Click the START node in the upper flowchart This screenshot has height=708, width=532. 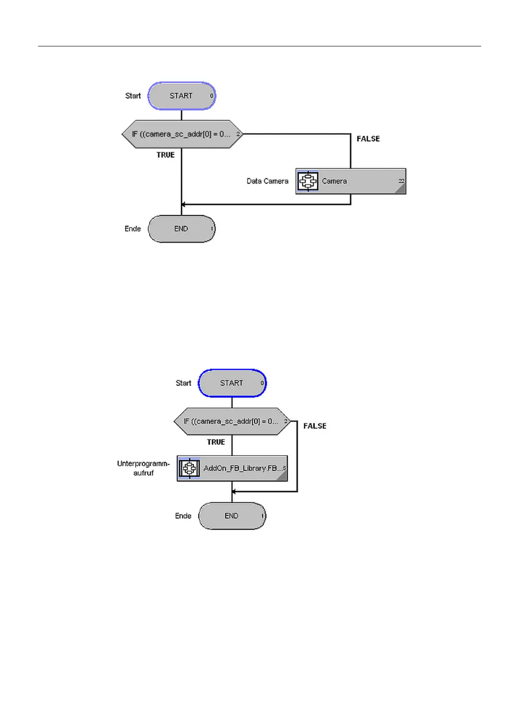pos(181,96)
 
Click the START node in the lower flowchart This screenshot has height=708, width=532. pos(232,383)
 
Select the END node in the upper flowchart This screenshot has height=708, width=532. pos(181,229)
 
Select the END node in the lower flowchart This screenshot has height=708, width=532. pos(232,516)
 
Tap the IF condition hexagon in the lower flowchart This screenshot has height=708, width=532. pos(232,421)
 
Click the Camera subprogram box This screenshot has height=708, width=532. pos(351,181)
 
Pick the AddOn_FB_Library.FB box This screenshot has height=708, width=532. pos(232,468)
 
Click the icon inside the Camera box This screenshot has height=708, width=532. pos(308,181)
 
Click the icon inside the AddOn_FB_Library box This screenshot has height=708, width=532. pos(189,468)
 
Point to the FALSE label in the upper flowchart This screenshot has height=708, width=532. pos(368,139)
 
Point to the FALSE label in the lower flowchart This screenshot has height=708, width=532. pos(315,426)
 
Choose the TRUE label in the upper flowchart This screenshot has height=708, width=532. pos(165,155)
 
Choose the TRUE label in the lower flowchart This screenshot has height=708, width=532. pos(216,442)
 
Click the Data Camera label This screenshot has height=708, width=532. pos(268,181)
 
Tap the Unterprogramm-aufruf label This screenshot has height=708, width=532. pos(143,468)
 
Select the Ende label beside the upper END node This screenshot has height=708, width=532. pos(133,229)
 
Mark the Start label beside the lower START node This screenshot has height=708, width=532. pos(183,383)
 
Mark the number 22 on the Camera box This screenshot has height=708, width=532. pos(401,181)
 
